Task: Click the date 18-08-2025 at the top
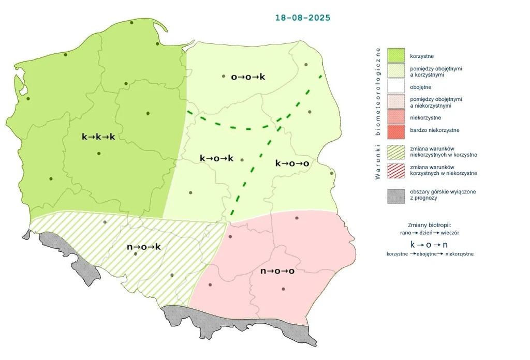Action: tap(302, 18)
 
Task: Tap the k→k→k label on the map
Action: tap(98, 137)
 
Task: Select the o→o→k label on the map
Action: tap(248, 77)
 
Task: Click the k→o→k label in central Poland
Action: tap(216, 158)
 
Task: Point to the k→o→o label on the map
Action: tap(292, 163)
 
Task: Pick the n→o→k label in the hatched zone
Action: tap(144, 247)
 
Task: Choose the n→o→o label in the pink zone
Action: tap(277, 271)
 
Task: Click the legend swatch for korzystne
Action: tap(396, 55)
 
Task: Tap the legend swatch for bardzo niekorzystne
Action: tap(396, 130)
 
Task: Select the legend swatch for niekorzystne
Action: tap(396, 117)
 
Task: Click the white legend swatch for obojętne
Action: tap(396, 87)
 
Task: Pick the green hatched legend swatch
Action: tap(396, 151)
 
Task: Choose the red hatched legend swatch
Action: tap(396, 170)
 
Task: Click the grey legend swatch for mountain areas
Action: tap(396, 195)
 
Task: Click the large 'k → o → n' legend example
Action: tap(429, 244)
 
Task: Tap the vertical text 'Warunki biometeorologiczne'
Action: tap(378, 114)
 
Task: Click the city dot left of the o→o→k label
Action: tap(224, 77)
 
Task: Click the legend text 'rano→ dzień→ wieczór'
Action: tap(430, 233)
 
